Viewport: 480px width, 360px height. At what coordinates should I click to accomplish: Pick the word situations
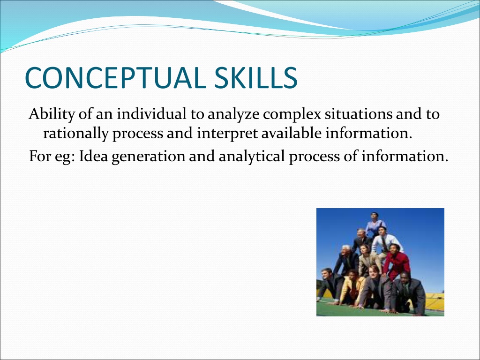[x=359, y=114]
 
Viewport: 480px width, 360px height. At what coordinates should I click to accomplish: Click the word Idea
[x=93, y=156]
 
